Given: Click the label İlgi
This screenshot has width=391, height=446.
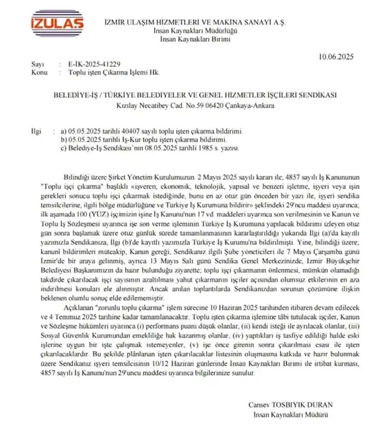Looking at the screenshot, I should pyautogui.click(x=36, y=130).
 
